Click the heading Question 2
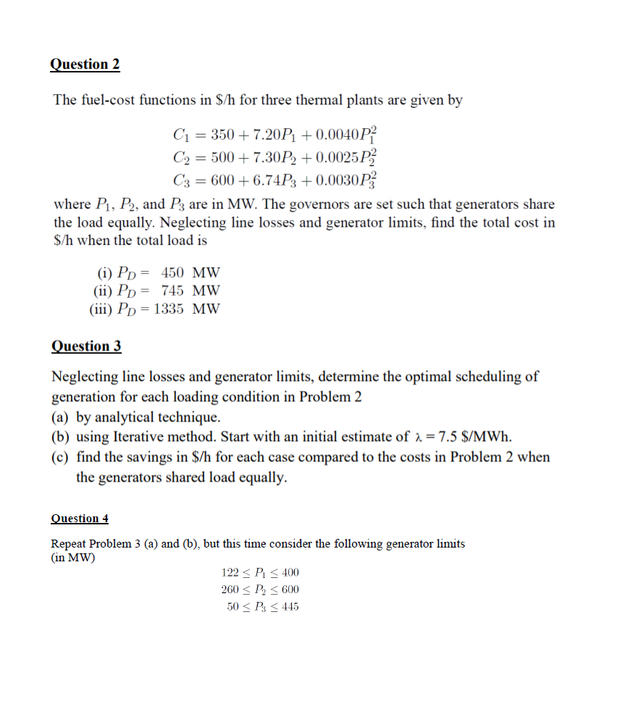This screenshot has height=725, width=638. (85, 64)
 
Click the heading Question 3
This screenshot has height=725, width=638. (86, 346)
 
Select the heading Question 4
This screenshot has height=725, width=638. (80, 519)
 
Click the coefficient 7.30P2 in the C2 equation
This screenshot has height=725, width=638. (271, 156)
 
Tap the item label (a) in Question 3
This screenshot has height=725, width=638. (62, 417)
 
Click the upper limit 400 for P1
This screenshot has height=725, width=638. (289, 573)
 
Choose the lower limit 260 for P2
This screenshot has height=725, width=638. (230, 590)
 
